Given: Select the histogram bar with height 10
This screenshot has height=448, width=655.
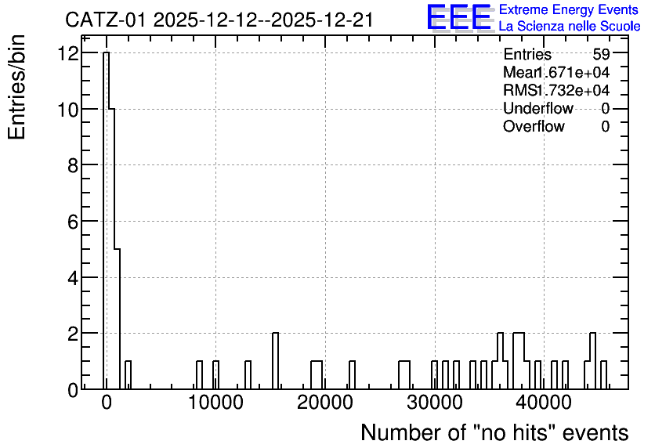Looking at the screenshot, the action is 111,249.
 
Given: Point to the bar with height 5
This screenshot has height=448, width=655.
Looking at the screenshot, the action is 117,319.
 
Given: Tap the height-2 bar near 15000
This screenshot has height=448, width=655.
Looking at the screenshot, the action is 275,361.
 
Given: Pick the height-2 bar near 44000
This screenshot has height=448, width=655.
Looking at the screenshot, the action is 592,361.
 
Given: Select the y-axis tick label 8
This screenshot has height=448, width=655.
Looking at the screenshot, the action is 74,166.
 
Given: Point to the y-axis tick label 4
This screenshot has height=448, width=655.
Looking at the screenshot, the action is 74,278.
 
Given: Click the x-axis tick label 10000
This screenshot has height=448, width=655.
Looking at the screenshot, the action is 215,403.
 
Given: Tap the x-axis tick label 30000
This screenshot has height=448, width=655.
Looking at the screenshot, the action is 435,403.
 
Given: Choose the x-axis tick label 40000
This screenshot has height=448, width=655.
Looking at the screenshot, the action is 544,403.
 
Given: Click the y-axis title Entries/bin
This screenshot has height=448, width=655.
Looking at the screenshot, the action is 16,87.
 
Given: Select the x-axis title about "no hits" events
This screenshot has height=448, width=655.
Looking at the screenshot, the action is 494,432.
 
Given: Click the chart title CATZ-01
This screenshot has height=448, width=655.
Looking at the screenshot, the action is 106,20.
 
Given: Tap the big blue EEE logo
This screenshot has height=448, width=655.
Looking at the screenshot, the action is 459,17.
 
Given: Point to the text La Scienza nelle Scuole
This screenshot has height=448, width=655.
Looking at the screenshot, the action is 570,26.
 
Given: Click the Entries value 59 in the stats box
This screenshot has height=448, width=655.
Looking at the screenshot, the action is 601,54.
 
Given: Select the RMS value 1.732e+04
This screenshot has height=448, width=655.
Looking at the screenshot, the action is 573,90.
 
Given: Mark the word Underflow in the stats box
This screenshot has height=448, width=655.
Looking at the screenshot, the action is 538,108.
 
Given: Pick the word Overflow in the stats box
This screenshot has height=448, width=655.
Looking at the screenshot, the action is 534,126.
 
